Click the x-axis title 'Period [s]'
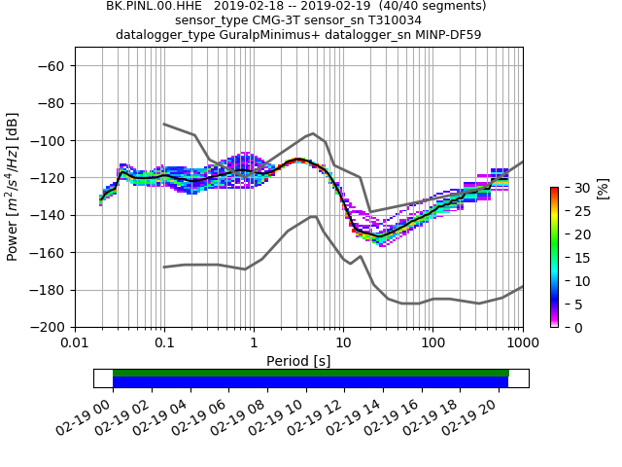(x=298, y=361)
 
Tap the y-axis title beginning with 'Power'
(x=14, y=187)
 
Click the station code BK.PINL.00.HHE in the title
(x=154, y=6)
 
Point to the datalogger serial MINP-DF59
(x=448, y=35)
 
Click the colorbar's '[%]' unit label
(x=603, y=188)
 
